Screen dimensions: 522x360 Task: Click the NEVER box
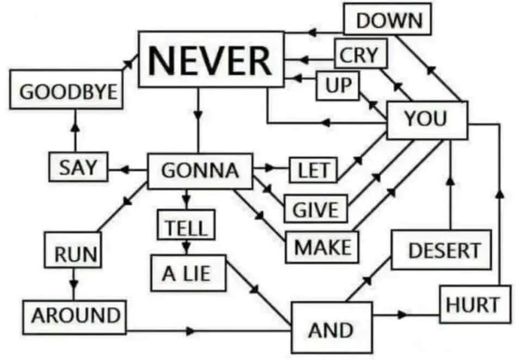[x=211, y=59]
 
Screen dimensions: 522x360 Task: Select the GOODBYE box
[x=66, y=89]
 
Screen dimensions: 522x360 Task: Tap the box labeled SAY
[x=78, y=167]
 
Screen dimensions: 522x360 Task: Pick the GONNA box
[x=200, y=171]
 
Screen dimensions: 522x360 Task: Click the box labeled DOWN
[x=388, y=19]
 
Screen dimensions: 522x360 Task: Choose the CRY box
[x=361, y=54]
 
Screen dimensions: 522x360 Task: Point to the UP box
[x=338, y=85]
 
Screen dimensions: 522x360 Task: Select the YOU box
[x=427, y=120]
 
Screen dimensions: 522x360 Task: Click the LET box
[x=313, y=170]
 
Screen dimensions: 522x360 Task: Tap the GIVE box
[x=316, y=209]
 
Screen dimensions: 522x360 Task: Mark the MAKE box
[x=322, y=247]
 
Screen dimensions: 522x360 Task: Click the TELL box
[x=186, y=225]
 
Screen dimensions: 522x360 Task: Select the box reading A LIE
[x=189, y=273]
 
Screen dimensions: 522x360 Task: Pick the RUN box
[x=73, y=250]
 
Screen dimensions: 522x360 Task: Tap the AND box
[x=332, y=328]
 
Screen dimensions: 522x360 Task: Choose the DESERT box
[x=442, y=250]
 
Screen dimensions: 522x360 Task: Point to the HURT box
[x=475, y=304]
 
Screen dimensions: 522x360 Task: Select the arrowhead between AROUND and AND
[x=191, y=331]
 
